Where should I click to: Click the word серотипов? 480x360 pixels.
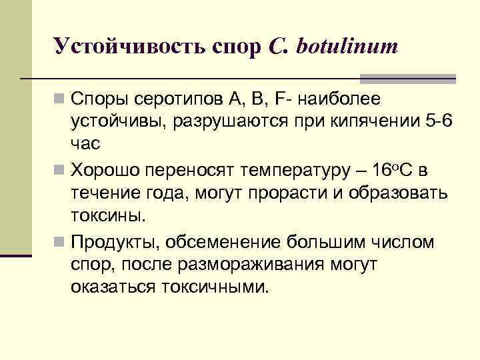pos(170,100)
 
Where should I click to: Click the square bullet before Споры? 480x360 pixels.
pos(60,101)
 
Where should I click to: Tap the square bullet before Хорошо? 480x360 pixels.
pos(60,171)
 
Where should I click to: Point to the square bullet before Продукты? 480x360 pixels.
pos(60,242)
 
